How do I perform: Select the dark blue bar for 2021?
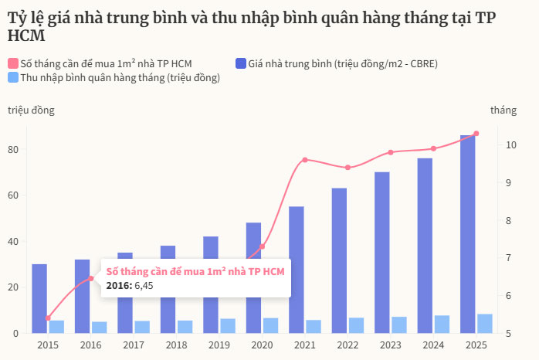(297, 270)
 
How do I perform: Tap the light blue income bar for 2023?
(399, 325)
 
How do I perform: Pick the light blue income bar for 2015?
(56, 327)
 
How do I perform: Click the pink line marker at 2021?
(305, 160)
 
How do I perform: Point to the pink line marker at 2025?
(476, 134)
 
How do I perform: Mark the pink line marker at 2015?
(48, 318)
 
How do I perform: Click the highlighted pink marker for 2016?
(90, 279)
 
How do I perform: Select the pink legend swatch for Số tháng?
(13, 63)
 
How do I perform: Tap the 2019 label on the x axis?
(219, 345)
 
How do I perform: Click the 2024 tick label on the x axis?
(433, 345)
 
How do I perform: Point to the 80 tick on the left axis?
(14, 149)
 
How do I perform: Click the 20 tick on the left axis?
(14, 287)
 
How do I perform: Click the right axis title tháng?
(503, 110)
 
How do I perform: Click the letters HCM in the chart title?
(25, 36)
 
